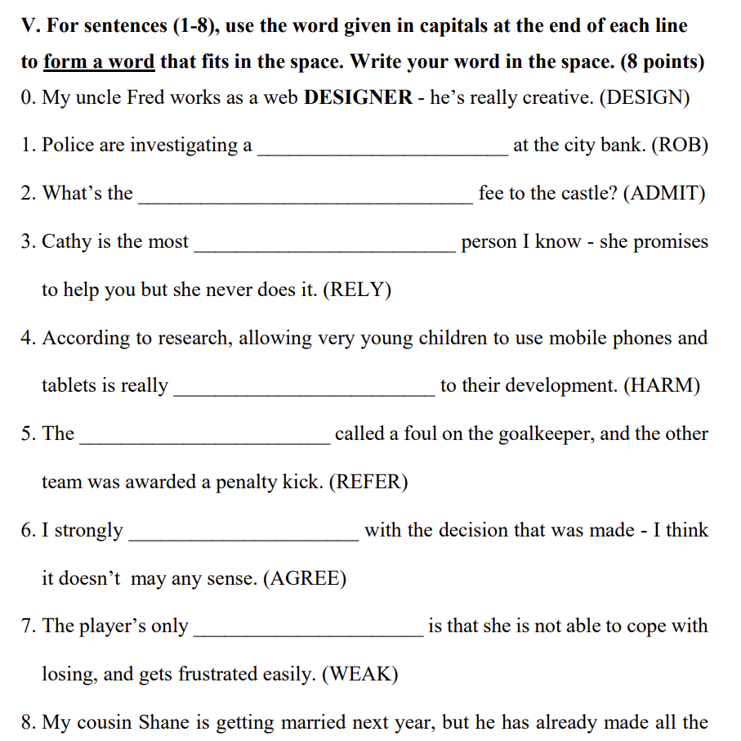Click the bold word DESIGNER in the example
358,98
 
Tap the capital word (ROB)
679,146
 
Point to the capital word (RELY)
357,290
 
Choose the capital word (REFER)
368,483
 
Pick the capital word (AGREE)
305,579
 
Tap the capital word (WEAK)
359,675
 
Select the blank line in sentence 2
305,200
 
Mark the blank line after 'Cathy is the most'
324,248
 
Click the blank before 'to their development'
304,393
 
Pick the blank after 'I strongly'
243,537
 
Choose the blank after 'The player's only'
308,633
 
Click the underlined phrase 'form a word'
99,62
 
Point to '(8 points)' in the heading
663,62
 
